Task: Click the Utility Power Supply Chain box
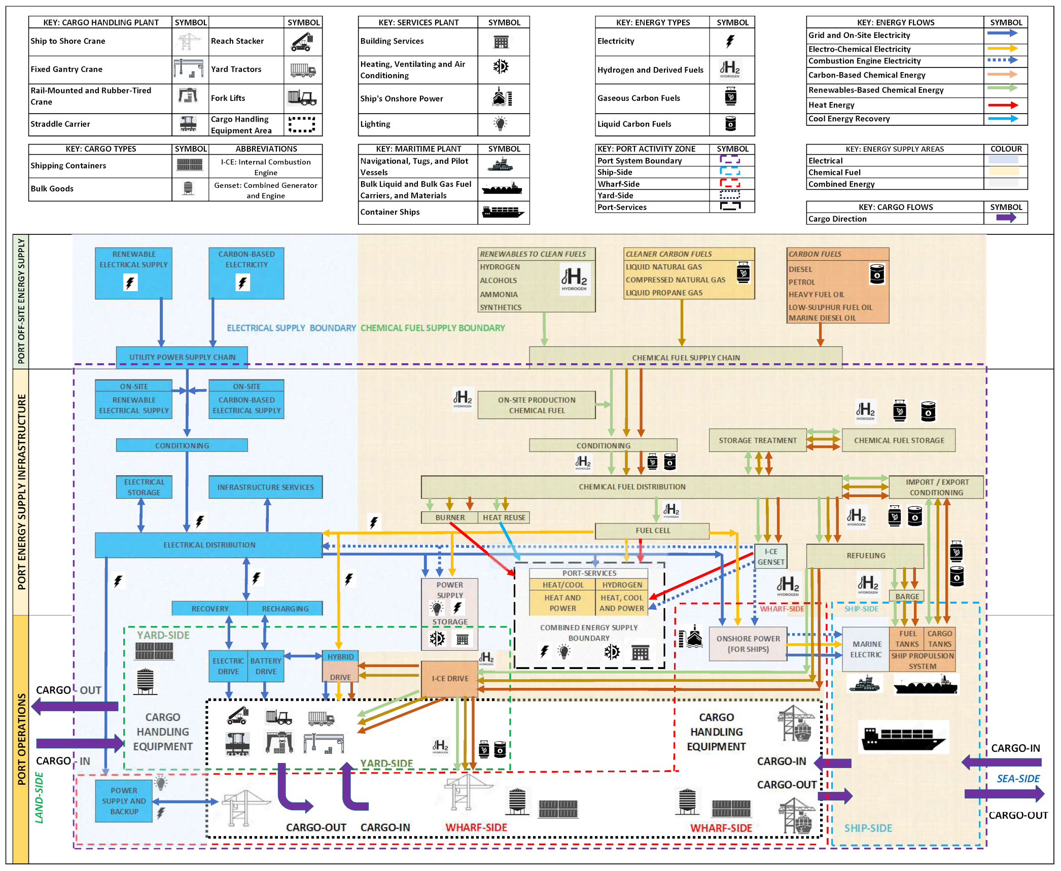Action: pyautogui.click(x=182, y=357)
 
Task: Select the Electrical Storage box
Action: pyautogui.click(x=144, y=487)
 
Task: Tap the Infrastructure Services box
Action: pyautogui.click(x=265, y=487)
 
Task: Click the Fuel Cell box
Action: pyautogui.click(x=652, y=531)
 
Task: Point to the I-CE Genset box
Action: pyautogui.click(x=770, y=556)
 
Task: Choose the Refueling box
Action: pyautogui.click(x=865, y=555)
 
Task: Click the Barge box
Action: pyautogui.click(x=907, y=597)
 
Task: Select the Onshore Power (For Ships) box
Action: pyautogui.click(x=748, y=644)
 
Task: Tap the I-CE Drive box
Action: pyautogui.click(x=449, y=678)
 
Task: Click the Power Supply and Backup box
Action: pyautogui.click(x=124, y=800)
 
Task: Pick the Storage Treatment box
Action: pyautogui.click(x=757, y=440)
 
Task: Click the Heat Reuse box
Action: pyautogui.click(x=504, y=517)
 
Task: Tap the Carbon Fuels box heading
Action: pyautogui.click(x=815, y=254)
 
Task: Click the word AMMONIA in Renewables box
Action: pyautogui.click(x=499, y=294)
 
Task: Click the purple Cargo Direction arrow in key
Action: pyautogui.click(x=1005, y=218)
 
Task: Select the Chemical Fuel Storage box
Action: pyautogui.click(x=898, y=440)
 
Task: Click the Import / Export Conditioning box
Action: pyautogui.click(x=936, y=487)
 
